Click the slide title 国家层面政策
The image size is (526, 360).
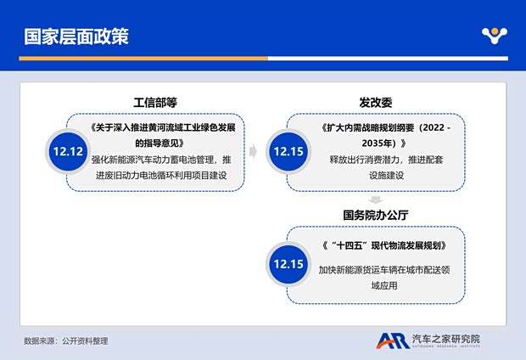[x=76, y=37]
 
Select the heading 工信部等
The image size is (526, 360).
[x=154, y=102]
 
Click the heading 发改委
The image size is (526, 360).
[x=376, y=102]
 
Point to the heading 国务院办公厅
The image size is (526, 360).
[x=376, y=216]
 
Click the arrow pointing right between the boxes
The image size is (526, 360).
[x=253, y=152]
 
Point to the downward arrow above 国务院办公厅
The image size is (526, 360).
[x=376, y=200]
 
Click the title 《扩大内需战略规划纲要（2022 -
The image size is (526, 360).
[x=387, y=128]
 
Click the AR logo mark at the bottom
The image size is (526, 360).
[x=392, y=340]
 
